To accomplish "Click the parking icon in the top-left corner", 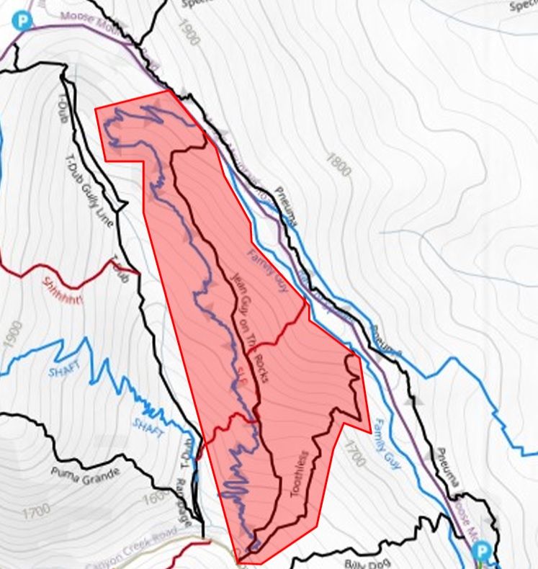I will click(x=24, y=20).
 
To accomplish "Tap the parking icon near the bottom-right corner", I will click(x=482, y=552).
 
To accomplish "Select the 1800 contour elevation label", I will click(x=338, y=165).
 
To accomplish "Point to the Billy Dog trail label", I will click(x=361, y=564).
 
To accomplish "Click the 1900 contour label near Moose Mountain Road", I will click(x=186, y=32).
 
